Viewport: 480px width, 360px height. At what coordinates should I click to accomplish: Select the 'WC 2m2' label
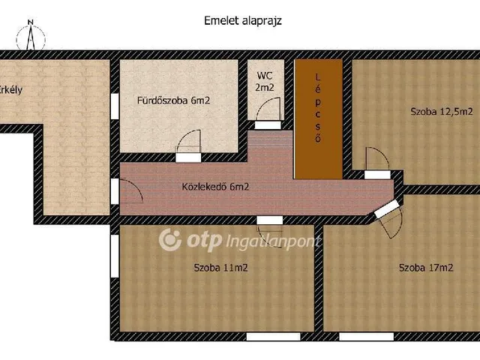tap(264, 82)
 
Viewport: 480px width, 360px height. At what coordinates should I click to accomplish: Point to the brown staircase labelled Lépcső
tap(318, 119)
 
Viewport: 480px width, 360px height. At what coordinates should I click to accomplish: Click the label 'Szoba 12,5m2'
tap(441, 112)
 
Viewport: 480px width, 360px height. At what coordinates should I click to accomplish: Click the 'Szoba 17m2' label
tap(425, 268)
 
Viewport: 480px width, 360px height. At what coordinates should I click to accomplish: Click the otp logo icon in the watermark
tap(171, 240)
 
